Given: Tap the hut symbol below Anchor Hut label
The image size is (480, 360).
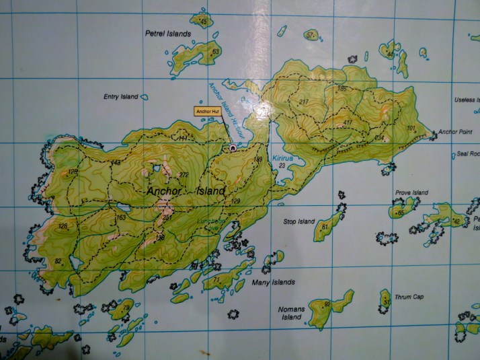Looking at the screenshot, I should click(x=233, y=147).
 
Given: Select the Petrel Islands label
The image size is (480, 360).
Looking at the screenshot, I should click(x=168, y=33).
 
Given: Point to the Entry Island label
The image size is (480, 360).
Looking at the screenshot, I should click(x=121, y=97).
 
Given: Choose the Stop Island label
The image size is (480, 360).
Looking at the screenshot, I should click(x=298, y=221).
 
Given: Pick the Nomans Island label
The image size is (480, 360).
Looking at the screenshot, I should click(x=290, y=313).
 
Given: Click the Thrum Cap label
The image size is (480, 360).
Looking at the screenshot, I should click(x=409, y=297).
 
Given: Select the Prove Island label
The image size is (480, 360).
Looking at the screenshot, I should click(x=411, y=192).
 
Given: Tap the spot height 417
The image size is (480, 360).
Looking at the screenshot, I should click(x=348, y=122).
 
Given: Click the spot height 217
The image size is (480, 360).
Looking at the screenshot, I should click(x=303, y=102).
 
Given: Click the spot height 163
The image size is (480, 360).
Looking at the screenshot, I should click(x=122, y=218).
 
